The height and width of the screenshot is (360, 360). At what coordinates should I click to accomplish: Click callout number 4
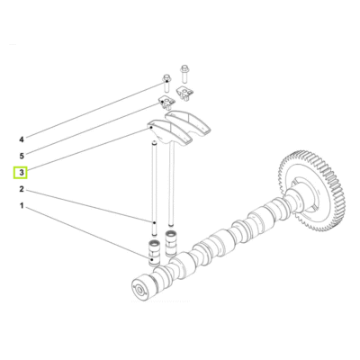tap(22, 139)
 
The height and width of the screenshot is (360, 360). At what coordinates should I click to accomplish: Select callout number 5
tap(22, 155)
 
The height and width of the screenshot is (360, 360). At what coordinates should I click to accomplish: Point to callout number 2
tap(22, 192)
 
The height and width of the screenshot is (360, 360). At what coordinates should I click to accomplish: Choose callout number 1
tap(22, 208)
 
